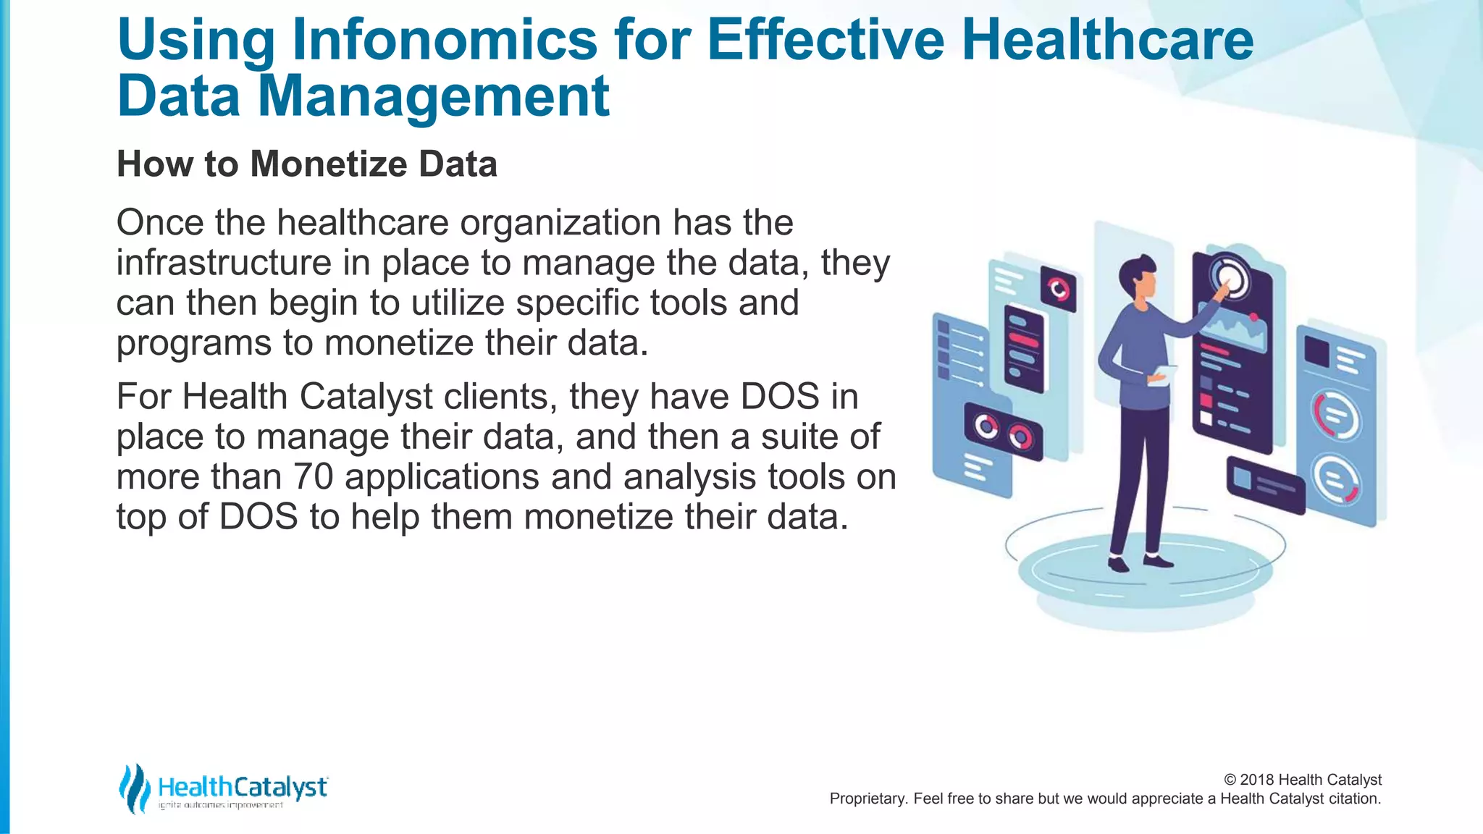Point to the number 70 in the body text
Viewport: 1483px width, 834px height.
(313, 477)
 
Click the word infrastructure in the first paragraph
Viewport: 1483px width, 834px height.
(224, 263)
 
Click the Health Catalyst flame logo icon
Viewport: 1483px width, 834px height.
(134, 788)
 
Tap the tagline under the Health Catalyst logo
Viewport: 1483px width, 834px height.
(220, 805)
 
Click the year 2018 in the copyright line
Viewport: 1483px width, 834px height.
(1257, 780)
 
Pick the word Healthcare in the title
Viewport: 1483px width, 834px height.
(1107, 40)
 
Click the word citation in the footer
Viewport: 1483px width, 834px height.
(1353, 799)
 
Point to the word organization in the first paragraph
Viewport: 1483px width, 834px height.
(560, 223)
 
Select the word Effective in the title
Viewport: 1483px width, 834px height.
(825, 40)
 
